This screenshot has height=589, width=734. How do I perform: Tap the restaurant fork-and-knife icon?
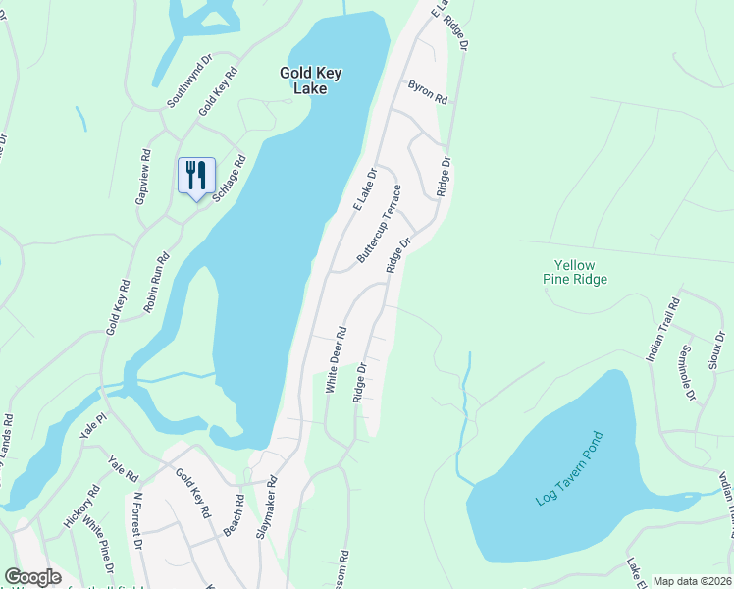pyautogui.click(x=196, y=176)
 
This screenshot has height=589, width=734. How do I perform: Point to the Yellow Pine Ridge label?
pyautogui.click(x=581, y=272)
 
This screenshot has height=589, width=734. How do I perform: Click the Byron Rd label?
pyautogui.click(x=428, y=92)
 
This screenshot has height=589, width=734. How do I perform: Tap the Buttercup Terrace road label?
pyautogui.click(x=379, y=223)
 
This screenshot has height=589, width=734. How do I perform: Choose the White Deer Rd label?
pyautogui.click(x=337, y=359)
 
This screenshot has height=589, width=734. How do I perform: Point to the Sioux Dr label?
pyautogui.click(x=716, y=349)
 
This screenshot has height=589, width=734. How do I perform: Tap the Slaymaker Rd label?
pyautogui.click(x=268, y=509)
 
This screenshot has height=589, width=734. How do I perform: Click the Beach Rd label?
pyautogui.click(x=233, y=515)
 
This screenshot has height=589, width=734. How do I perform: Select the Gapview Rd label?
pyautogui.click(x=145, y=177)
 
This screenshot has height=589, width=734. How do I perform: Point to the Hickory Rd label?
pyautogui.click(x=80, y=507)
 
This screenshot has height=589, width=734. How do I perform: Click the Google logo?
pyautogui.click(x=32, y=577)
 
